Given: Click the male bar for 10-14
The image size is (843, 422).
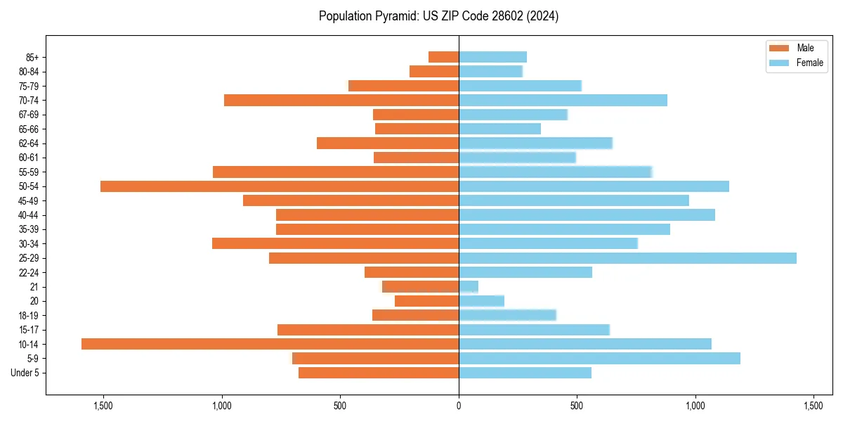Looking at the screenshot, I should (270, 344).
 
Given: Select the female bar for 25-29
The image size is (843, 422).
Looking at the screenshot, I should (627, 258).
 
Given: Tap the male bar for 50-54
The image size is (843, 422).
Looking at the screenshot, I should (280, 186).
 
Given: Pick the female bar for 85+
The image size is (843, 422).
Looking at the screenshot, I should (492, 57).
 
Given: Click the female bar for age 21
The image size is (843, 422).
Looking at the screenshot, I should (469, 287).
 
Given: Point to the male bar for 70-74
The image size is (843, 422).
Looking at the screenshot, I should (341, 100).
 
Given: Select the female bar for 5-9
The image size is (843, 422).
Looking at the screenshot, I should (599, 358).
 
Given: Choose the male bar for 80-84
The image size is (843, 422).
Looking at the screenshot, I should (434, 71).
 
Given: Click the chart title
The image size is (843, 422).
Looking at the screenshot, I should (438, 16).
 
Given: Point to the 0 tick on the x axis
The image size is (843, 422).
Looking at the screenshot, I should (459, 407).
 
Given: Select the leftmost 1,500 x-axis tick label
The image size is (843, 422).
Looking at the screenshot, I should (103, 407).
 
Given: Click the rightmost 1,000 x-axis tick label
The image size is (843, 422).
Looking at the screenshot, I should (695, 407).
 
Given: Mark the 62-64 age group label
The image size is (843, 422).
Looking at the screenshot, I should (28, 143).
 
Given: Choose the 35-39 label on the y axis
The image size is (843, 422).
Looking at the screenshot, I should (28, 229).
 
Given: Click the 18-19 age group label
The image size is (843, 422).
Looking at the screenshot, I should (28, 315).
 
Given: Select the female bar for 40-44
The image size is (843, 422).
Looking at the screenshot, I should (587, 215).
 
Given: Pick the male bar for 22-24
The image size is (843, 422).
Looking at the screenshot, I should (412, 272).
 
